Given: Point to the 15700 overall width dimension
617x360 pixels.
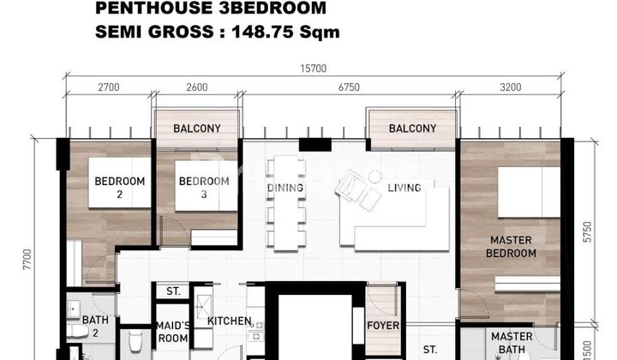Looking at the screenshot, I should (314, 69).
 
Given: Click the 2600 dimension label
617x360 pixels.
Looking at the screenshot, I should (196, 87).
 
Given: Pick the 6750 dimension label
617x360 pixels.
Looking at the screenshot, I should (348, 87).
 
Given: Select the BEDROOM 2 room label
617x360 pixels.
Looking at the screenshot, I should (119, 188).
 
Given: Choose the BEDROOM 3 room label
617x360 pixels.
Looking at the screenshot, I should (203, 188).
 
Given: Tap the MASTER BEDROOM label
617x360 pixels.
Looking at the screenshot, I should (512, 247).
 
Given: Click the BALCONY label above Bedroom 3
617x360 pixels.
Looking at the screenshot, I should (197, 129).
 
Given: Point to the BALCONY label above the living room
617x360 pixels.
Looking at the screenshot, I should (412, 129).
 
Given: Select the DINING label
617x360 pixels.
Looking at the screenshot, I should (285, 188).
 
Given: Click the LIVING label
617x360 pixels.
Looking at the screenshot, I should (405, 188).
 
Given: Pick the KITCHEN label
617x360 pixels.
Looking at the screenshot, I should (230, 321).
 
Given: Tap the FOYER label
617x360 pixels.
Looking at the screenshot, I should (382, 325).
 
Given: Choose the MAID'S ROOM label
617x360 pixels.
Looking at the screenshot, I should (173, 331).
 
